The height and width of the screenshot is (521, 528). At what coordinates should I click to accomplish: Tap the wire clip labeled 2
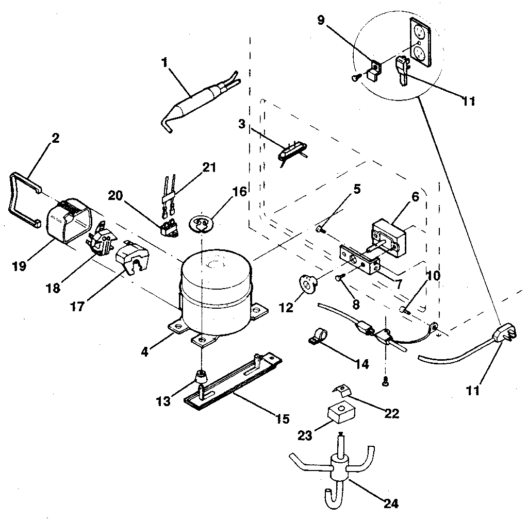24,198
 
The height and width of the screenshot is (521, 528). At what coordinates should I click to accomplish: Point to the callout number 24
391,502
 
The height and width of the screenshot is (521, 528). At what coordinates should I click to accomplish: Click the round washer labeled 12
308,283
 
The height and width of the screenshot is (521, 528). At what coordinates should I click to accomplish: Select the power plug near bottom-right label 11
503,335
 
